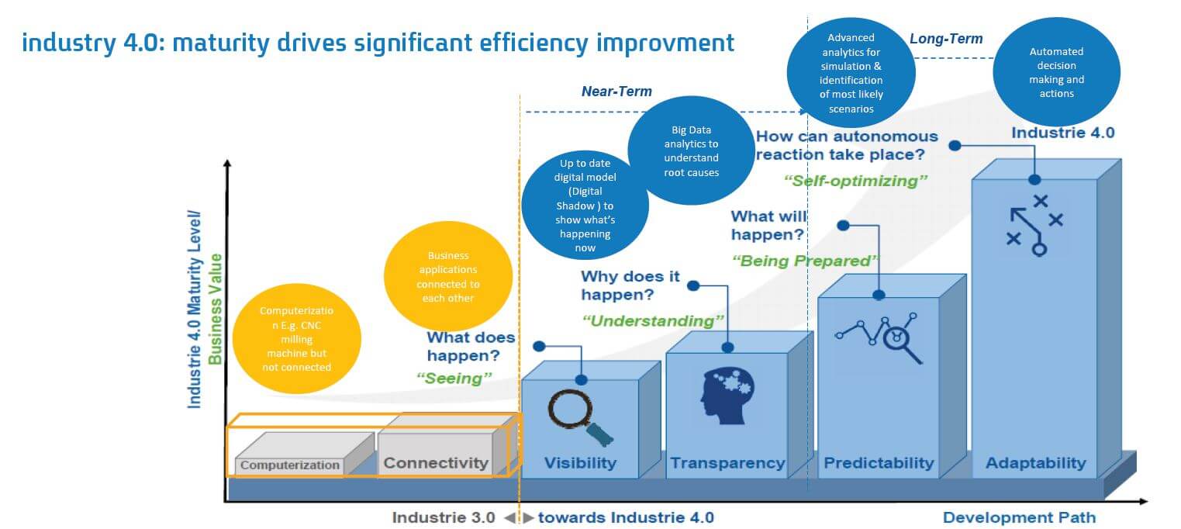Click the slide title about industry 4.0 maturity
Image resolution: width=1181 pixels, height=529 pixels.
[x=378, y=43]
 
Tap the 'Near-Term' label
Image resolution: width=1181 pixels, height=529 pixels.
[x=616, y=92]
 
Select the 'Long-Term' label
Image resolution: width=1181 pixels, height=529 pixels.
[x=946, y=39]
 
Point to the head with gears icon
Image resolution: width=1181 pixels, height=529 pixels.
[x=727, y=396]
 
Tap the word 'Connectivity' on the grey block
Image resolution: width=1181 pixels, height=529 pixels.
[x=436, y=462]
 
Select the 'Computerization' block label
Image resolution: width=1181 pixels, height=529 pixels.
[x=290, y=465]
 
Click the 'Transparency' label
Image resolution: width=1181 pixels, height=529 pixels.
[x=727, y=462]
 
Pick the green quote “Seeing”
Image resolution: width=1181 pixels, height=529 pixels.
[x=454, y=379]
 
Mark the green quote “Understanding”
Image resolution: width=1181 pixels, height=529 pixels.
[x=653, y=320]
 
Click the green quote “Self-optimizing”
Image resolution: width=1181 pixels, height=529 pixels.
[x=855, y=181]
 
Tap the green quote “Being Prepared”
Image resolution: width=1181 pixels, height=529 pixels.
[x=805, y=261]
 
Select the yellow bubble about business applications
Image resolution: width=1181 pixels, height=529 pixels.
[x=448, y=276]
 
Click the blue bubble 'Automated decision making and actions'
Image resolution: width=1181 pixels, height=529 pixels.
[x=1057, y=72]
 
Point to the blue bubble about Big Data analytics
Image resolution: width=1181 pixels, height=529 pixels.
[x=691, y=150]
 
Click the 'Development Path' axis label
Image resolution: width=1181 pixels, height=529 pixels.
[x=1019, y=517]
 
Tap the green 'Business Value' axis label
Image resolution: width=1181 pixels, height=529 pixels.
[x=215, y=309]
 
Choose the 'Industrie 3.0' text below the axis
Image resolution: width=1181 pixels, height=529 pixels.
[x=444, y=517]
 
